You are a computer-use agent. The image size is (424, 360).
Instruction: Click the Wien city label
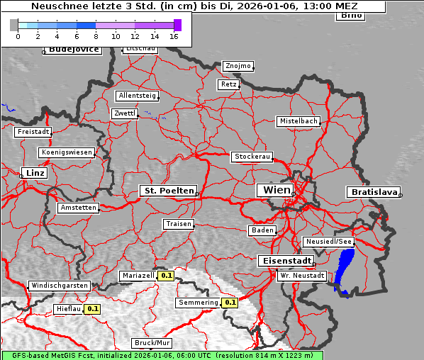point(277,190)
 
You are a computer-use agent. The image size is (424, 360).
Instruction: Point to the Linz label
point(33,173)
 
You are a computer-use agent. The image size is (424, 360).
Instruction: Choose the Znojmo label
point(238,66)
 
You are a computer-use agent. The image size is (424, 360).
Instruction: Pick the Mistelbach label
point(298,121)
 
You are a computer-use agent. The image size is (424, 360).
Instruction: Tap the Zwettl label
point(125,113)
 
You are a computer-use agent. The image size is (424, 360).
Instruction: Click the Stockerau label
point(252,157)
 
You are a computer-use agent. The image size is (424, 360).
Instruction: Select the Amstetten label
point(78,208)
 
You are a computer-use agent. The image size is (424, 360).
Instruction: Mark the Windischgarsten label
point(60,286)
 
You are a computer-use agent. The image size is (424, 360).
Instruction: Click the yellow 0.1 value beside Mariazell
point(167,276)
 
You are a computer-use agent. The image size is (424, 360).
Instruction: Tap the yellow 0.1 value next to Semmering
point(229,303)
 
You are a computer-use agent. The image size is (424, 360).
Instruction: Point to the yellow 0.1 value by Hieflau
point(93,309)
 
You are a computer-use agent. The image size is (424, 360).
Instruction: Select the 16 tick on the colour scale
point(174,35)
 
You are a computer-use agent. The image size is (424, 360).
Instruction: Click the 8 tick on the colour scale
point(96,35)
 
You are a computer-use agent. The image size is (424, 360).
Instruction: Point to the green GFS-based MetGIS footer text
point(162,355)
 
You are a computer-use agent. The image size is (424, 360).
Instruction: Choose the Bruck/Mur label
point(152,343)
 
